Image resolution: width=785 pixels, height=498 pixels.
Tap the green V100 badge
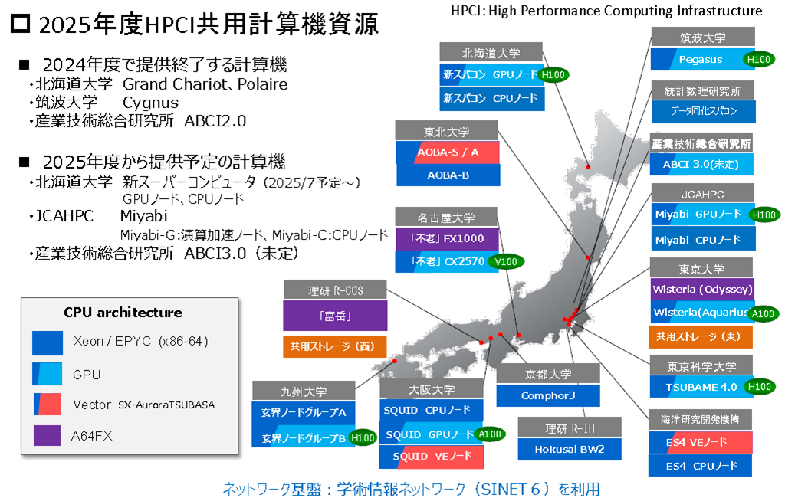pos(506,262)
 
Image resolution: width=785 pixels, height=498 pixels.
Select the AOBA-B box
pos(448,175)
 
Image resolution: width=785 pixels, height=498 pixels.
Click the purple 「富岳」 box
pos(335,316)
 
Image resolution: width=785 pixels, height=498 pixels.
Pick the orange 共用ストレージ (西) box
pos(335,346)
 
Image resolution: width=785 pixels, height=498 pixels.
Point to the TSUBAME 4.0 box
pos(701,387)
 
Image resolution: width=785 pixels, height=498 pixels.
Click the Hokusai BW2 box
pos(570,449)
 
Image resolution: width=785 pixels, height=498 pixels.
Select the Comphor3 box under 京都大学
pos(548,395)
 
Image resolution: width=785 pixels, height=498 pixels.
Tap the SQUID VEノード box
pos(432,457)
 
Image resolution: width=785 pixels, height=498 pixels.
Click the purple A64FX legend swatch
pos(47,435)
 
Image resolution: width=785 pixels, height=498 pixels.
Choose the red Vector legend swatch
pos(47,405)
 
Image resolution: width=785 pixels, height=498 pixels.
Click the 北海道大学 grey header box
pos(491,53)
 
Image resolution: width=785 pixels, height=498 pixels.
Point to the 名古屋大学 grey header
pos(446,218)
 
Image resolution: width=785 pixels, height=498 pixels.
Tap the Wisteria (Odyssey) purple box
pos(702,290)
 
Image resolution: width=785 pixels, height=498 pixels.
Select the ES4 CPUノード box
pos(701,466)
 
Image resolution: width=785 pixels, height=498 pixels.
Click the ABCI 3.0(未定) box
pos(701,164)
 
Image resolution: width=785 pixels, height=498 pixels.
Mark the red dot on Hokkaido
pos(588,167)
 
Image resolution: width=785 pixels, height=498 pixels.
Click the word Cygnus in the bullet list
pos(151,103)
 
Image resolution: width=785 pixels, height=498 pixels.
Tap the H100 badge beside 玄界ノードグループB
pos(363,438)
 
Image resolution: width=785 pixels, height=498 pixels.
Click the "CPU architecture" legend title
pos(123,313)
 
